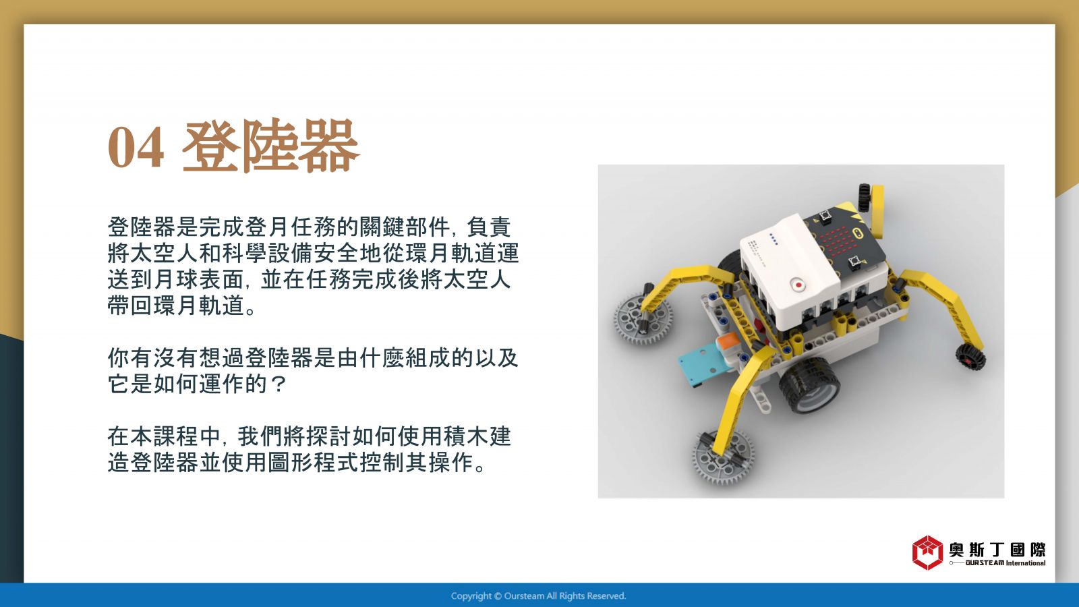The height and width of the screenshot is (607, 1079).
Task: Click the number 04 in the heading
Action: click(136, 147)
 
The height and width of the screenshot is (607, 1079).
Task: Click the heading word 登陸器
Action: click(270, 146)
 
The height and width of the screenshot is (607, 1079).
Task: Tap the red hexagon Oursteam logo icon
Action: click(927, 552)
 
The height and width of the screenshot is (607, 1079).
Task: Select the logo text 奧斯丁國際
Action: click(997, 549)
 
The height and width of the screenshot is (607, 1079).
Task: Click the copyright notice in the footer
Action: click(539, 596)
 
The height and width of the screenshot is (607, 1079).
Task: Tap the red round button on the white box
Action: click(798, 285)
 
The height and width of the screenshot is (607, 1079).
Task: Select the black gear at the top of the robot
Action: click(865, 198)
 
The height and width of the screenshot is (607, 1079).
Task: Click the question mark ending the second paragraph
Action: click(279, 384)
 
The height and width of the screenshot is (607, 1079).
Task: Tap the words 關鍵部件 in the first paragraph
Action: click(404, 227)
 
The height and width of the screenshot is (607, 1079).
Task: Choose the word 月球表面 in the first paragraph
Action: click(200, 279)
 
